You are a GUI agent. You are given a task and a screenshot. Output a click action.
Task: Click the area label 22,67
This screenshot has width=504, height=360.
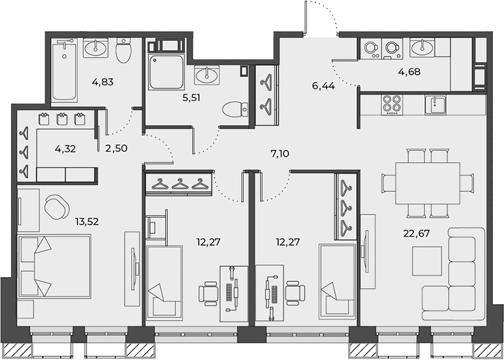(x=416, y=233)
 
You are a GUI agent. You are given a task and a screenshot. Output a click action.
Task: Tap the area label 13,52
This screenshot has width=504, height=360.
(x=87, y=221)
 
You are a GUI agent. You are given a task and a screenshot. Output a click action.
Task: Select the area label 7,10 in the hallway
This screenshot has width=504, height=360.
(x=280, y=154)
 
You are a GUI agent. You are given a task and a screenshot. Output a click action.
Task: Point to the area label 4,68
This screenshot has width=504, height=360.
(x=409, y=72)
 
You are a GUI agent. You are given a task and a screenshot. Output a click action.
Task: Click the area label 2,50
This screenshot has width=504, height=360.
(x=117, y=148)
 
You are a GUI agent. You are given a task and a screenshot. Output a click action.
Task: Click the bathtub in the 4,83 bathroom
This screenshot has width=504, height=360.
(x=64, y=71)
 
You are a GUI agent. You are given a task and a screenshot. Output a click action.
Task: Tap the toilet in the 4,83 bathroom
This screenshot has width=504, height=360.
(x=123, y=50)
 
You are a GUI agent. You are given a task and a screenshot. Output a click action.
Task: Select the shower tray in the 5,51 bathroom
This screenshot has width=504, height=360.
(x=166, y=72)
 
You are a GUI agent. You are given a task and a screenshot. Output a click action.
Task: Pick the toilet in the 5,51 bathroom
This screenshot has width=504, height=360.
(x=235, y=110)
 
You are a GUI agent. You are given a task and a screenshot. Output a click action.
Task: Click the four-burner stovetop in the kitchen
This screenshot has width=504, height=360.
(x=392, y=105)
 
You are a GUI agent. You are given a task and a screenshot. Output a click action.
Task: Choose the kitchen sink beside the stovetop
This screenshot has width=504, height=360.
(x=435, y=105)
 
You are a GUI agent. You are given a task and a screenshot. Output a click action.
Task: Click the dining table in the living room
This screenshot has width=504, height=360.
(x=427, y=183)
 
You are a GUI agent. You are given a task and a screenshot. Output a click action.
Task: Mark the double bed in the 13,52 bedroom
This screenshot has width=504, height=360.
(x=54, y=267)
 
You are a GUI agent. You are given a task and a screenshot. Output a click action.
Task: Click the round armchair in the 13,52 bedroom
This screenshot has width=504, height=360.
(x=57, y=207)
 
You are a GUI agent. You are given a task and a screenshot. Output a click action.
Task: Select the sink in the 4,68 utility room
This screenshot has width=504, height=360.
(x=422, y=48)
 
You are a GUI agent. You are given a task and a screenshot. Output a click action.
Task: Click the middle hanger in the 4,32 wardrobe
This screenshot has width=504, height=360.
(x=24, y=152)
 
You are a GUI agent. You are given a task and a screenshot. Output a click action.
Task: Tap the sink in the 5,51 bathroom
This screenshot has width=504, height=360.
(x=207, y=75)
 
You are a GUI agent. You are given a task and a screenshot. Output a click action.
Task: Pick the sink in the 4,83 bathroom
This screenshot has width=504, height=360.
(x=96, y=48)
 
